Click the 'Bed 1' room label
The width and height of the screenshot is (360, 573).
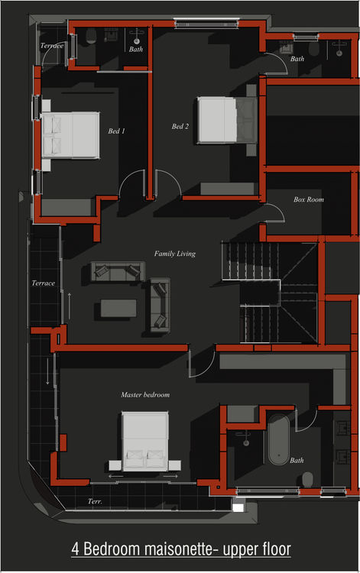(x=117, y=131)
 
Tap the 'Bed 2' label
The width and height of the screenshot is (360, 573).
(x=180, y=126)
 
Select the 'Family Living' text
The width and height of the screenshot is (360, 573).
(x=175, y=254)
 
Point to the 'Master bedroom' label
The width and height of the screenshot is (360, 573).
(x=145, y=395)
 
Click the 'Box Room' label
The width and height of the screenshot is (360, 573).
(x=309, y=199)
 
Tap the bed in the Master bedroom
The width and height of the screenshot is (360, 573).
(x=145, y=441)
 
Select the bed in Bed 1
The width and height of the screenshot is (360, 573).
(x=70, y=134)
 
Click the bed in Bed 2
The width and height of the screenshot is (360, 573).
(x=226, y=120)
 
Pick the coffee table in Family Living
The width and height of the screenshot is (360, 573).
(x=118, y=308)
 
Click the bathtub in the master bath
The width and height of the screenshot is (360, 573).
(x=278, y=439)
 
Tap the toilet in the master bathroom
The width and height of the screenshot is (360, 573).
(x=308, y=479)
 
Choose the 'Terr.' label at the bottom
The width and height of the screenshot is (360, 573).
(x=95, y=501)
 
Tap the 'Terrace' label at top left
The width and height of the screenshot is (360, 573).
(x=52, y=46)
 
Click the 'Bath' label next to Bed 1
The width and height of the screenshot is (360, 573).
(x=135, y=49)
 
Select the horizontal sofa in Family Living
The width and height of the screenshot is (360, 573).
(x=117, y=272)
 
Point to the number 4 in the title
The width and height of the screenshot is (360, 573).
(x=76, y=549)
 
